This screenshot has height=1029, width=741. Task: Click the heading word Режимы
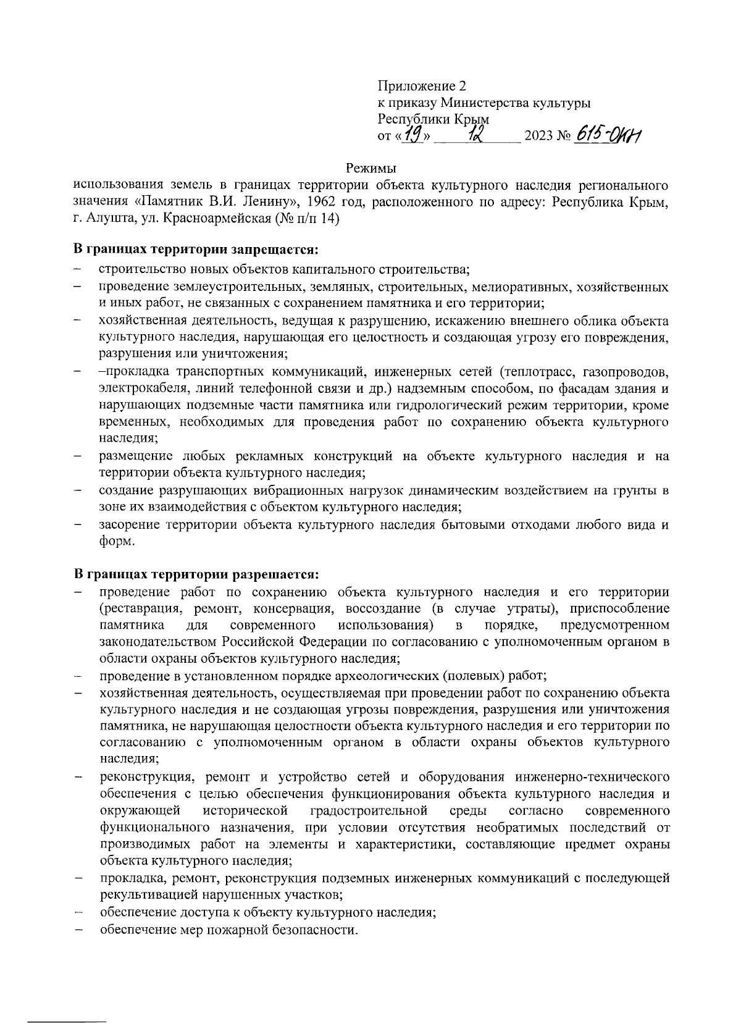click(x=371, y=167)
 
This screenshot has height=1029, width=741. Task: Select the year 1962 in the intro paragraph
click(x=322, y=202)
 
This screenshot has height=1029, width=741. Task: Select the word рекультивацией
click(x=144, y=895)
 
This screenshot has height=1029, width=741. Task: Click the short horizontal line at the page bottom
click(x=68, y=1016)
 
